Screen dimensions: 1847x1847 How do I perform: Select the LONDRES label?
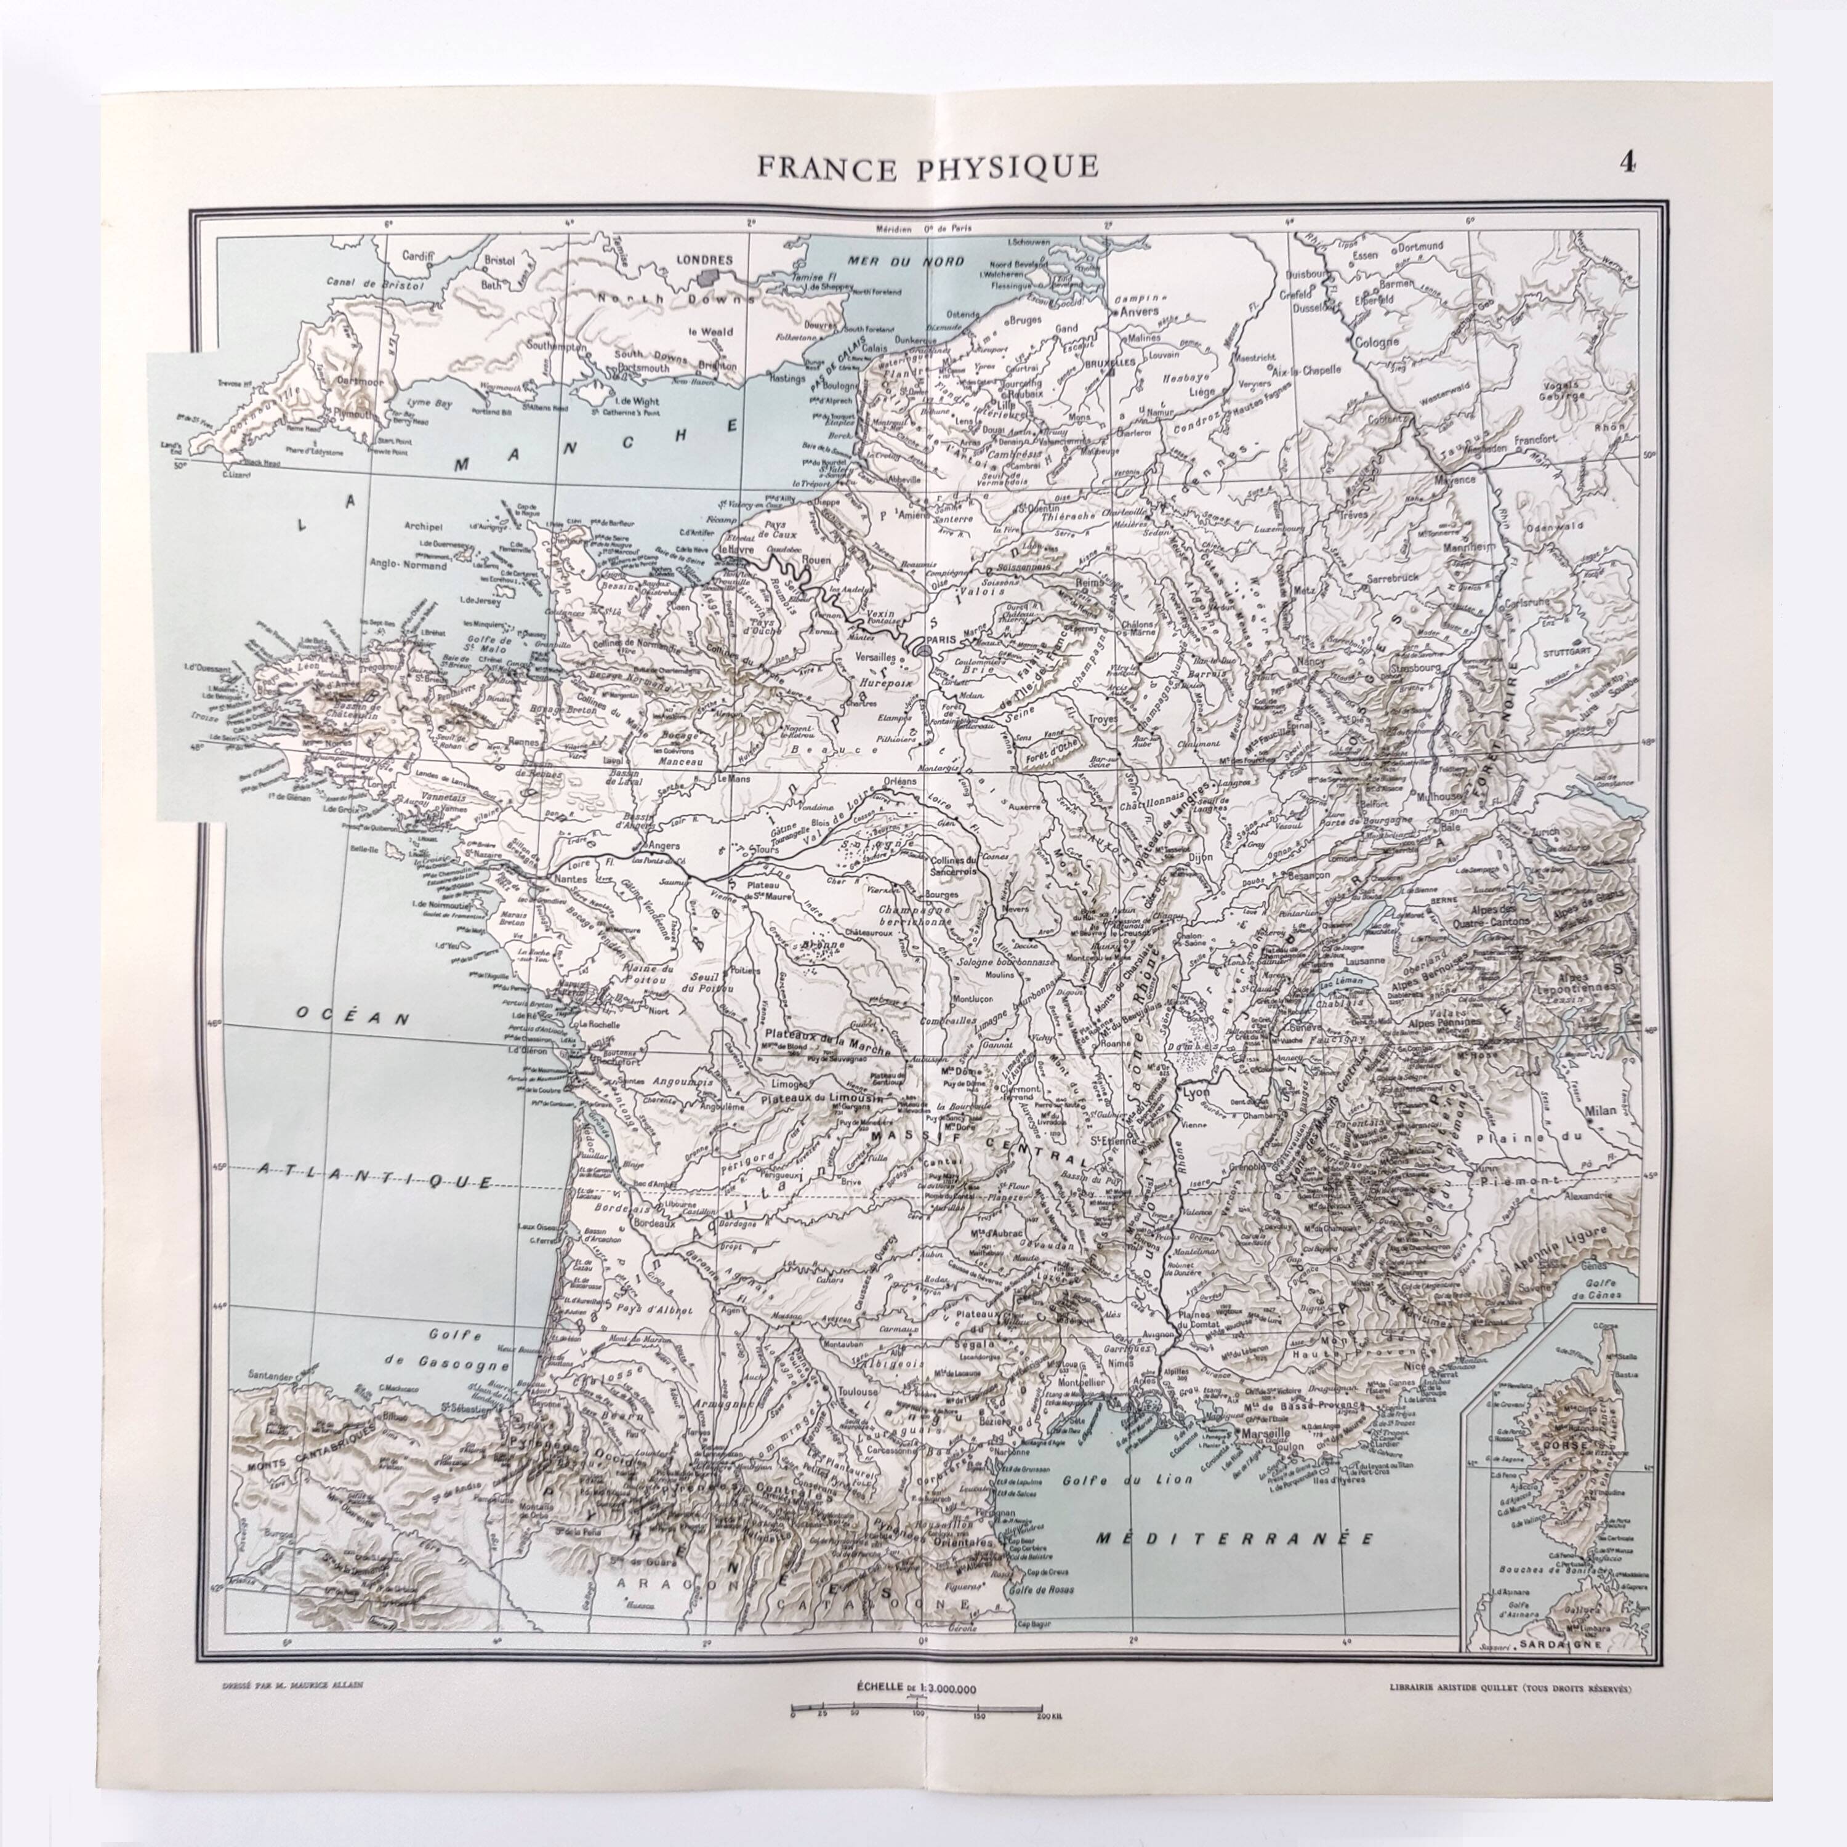coord(704,260)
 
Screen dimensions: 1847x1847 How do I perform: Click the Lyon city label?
coord(1196,1092)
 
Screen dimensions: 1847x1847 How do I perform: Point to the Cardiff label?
coord(418,256)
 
